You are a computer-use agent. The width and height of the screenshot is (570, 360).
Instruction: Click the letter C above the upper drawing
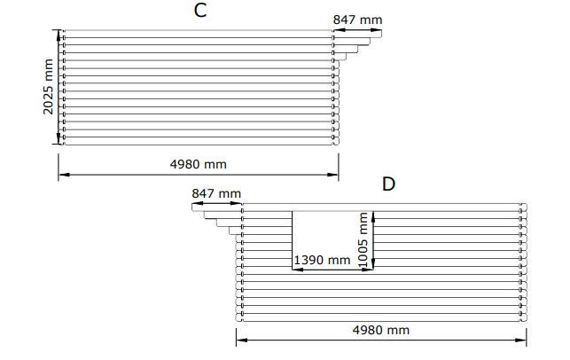point(200,10)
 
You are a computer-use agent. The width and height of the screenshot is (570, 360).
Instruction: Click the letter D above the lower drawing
point(388,184)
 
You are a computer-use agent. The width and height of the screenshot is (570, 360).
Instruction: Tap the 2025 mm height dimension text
point(48,87)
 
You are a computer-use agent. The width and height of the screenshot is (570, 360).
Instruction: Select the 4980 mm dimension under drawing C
point(198,164)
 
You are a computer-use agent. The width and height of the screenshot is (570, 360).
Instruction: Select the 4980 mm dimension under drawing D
point(380,330)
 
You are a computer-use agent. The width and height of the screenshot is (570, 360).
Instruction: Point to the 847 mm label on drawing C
point(358,20)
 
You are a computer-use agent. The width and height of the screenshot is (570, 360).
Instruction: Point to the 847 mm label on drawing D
point(216,193)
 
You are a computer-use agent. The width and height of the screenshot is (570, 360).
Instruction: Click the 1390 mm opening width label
point(322,261)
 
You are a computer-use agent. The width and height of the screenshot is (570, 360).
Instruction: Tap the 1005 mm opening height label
point(363,240)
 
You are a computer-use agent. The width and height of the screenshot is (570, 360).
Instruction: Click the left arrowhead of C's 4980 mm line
point(64,175)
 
